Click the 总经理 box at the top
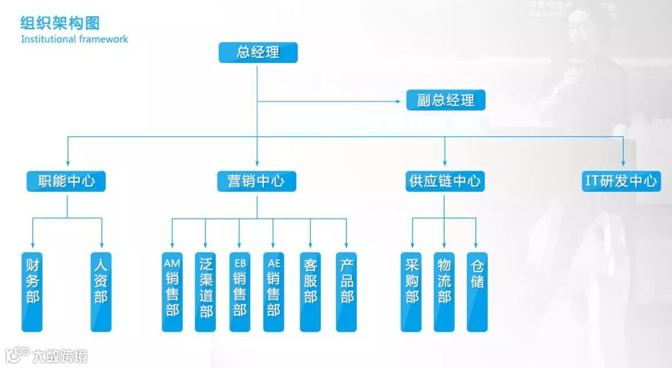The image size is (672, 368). (258, 53)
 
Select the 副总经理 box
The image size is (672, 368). (445, 100)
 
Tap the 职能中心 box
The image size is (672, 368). (66, 181)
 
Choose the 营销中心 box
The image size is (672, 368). (257, 181)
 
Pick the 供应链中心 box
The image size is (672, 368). (444, 181)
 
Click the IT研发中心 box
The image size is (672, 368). (621, 181)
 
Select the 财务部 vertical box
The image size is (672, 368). (32, 291)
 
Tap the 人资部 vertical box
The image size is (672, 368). (101, 291)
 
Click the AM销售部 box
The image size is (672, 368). (172, 291)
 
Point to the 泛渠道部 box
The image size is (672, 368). (205, 291)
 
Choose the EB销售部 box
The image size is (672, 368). (239, 291)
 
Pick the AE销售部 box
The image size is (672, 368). (273, 291)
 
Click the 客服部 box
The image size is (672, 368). (310, 291)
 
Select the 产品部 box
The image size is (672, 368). (346, 291)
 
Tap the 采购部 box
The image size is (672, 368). (411, 291)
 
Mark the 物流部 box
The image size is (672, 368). (444, 291)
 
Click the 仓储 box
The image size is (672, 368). (477, 291)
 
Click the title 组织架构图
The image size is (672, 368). (60, 23)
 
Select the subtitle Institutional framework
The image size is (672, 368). (74, 39)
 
